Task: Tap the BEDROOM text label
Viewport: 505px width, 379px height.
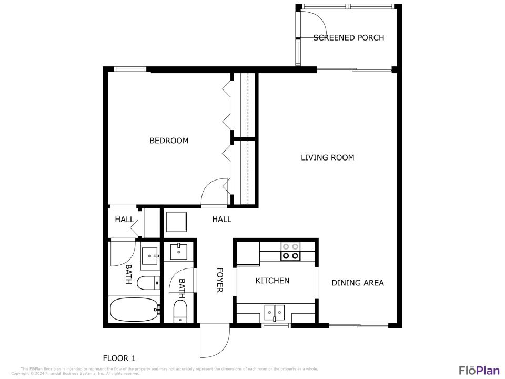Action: coord(169,141)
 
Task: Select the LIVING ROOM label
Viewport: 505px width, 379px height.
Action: coord(327,157)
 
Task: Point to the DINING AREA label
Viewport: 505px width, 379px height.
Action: coord(357,283)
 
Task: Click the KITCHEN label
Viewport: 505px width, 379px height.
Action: coord(272,281)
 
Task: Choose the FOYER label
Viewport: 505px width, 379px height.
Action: coord(220,280)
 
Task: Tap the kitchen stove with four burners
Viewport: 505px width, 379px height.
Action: coord(290,251)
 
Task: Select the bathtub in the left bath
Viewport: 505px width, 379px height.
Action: coord(134,310)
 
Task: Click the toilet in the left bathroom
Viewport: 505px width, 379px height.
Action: coord(147,283)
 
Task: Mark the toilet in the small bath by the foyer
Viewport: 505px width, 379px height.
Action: coord(180,312)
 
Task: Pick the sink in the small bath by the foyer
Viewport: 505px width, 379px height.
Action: coord(180,251)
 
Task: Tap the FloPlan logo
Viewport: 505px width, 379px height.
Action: coord(479,370)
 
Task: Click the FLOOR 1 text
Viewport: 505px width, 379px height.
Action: coord(119,358)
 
